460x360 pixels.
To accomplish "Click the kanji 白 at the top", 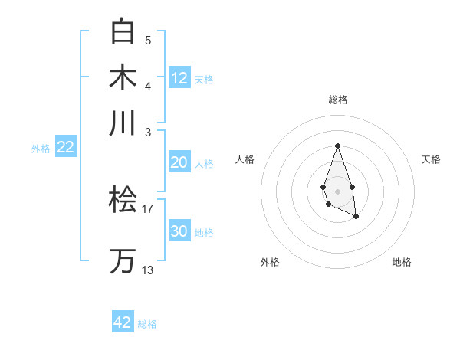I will pyautogui.click(x=123, y=31).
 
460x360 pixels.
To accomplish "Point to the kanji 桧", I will pyautogui.click(x=123, y=201).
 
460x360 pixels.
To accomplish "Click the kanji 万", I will pyautogui.click(x=123, y=260).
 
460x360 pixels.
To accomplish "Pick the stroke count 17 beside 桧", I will pyautogui.click(x=148, y=208).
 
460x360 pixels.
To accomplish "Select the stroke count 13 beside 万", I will pyautogui.click(x=148, y=270).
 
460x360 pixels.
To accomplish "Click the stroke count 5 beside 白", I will pyautogui.click(x=148, y=40).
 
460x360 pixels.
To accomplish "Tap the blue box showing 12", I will pyautogui.click(x=179, y=78).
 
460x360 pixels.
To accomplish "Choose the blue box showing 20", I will pyautogui.click(x=179, y=162).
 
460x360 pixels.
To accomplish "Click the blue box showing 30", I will pyautogui.click(x=179, y=231).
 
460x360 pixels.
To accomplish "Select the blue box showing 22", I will pyautogui.click(x=65, y=148).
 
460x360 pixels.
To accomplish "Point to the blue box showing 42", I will pyautogui.click(x=123, y=322).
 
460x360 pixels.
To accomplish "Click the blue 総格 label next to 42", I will pyautogui.click(x=147, y=324).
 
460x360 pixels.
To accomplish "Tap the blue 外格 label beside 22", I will pyautogui.click(x=41, y=149).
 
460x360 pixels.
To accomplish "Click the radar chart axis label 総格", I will pyautogui.click(x=337, y=100).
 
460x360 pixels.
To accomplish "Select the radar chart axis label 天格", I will pyautogui.click(x=431, y=159).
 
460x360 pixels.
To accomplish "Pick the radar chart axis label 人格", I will pyautogui.click(x=245, y=159).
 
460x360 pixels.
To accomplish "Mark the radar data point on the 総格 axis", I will pyautogui.click(x=337, y=146).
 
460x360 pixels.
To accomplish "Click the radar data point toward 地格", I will pyautogui.click(x=356, y=217).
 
